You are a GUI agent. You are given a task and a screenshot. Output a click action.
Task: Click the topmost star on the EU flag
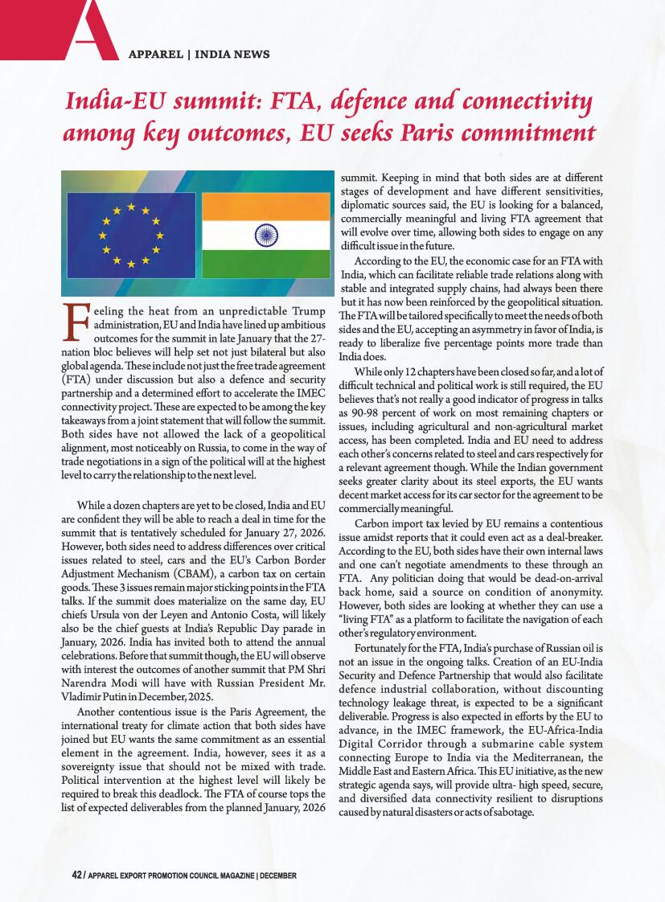130,206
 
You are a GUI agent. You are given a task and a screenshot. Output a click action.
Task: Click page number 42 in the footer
76,874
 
